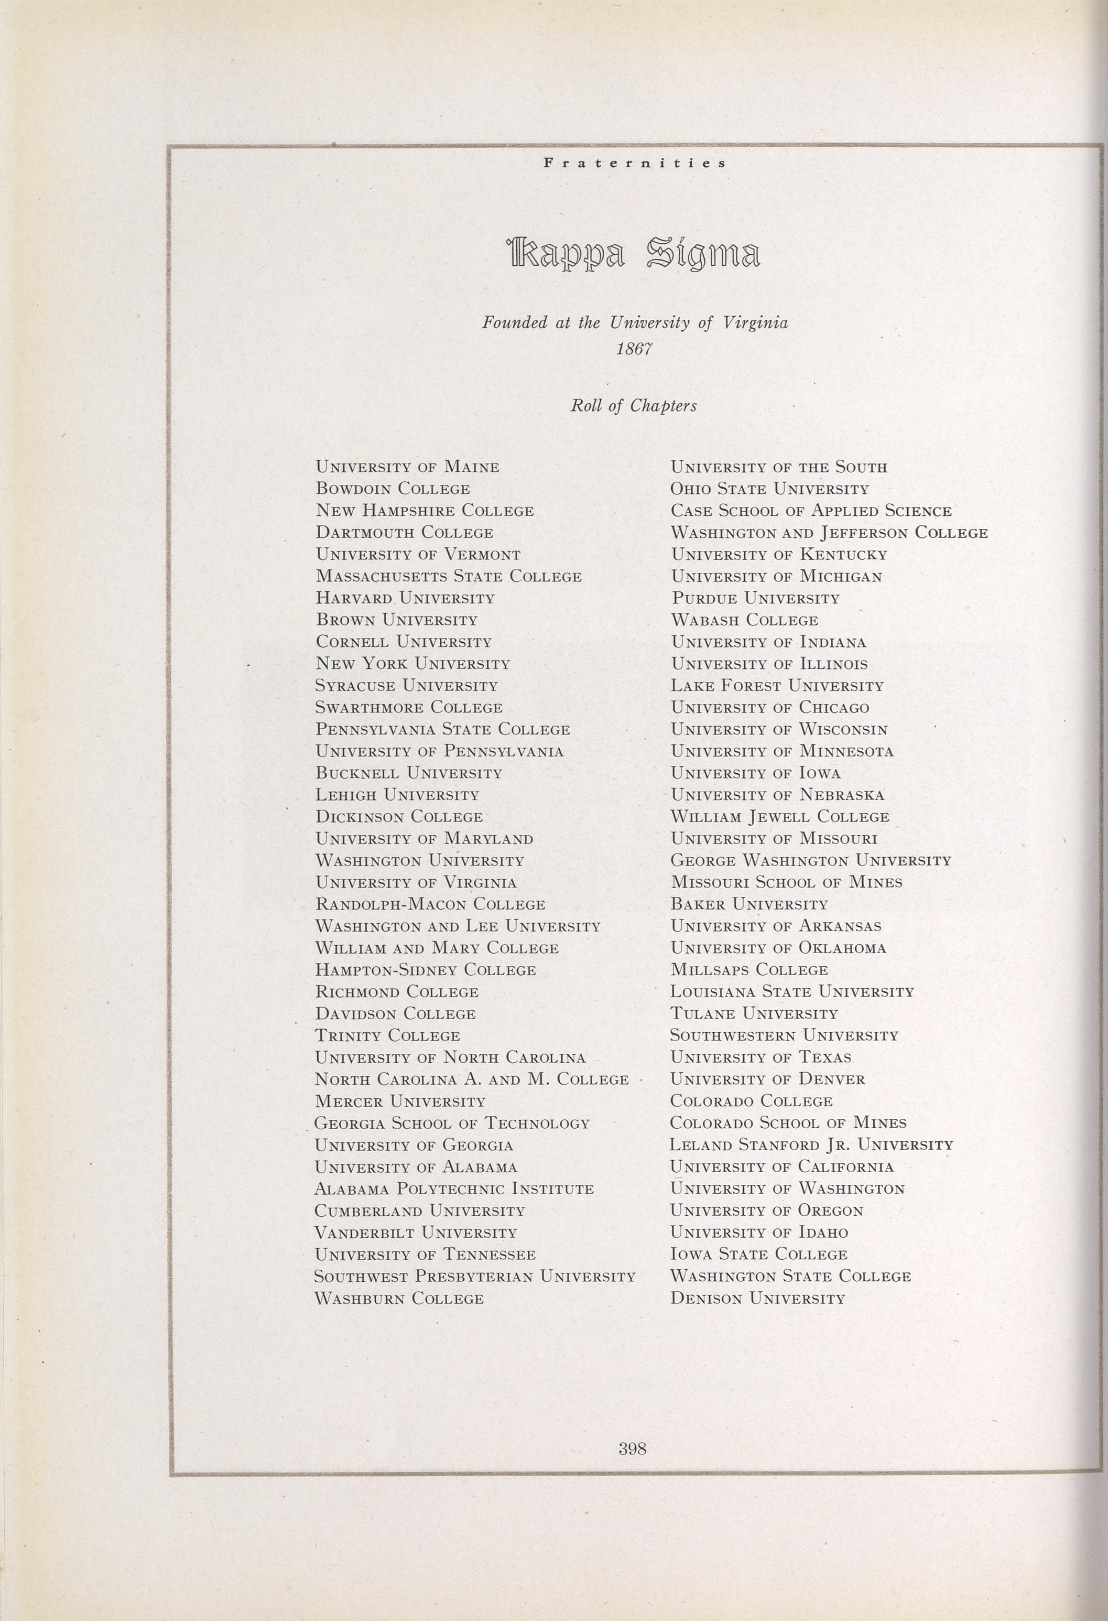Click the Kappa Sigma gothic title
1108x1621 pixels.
click(x=633, y=255)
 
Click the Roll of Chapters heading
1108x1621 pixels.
click(x=634, y=406)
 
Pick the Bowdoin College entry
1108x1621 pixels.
click(x=393, y=489)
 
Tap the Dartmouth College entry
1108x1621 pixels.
click(x=405, y=533)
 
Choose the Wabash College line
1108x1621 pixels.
click(x=744, y=620)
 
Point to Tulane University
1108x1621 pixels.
click(x=754, y=1013)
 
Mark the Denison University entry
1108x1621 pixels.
click(x=757, y=1298)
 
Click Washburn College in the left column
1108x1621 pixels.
click(x=399, y=1298)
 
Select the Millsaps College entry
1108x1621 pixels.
click(x=749, y=969)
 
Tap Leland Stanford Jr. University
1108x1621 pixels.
click(x=811, y=1144)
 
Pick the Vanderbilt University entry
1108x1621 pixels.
click(x=416, y=1233)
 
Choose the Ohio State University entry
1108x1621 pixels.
click(x=770, y=489)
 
